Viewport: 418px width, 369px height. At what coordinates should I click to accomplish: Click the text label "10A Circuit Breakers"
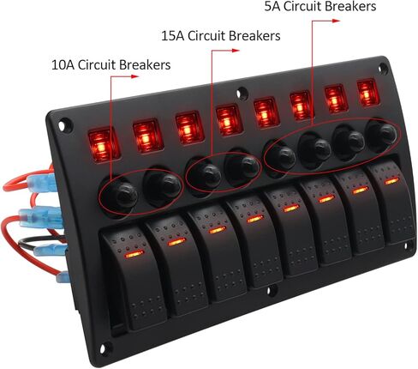pyautogui.click(x=110, y=64)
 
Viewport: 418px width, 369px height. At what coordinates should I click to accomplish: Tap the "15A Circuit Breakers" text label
pyautogui.click(x=221, y=36)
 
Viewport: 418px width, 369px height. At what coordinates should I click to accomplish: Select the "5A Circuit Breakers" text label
pyautogui.click(x=320, y=7)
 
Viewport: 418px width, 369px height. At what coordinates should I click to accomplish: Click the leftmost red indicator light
pyautogui.click(x=104, y=145)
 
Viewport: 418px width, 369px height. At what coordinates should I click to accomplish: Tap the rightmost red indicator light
pyautogui.click(x=367, y=94)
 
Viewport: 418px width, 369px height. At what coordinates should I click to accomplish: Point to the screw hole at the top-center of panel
pyautogui.click(x=242, y=94)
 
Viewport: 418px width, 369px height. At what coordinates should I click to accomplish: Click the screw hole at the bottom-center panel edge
pyautogui.click(x=269, y=291)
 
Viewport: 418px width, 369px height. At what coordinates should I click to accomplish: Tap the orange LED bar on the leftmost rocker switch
pyautogui.click(x=134, y=254)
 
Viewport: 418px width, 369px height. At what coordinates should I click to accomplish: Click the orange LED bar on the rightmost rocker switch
pyautogui.click(x=391, y=181)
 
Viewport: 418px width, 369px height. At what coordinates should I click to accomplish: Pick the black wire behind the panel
pyautogui.click(x=40, y=242)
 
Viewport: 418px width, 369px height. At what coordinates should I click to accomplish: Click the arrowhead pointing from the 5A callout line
pyautogui.click(x=336, y=21)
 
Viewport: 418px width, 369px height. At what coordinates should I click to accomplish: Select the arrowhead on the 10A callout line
pyautogui.click(x=134, y=76)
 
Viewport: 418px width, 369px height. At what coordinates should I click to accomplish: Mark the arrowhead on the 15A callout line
pyautogui.click(x=235, y=51)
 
